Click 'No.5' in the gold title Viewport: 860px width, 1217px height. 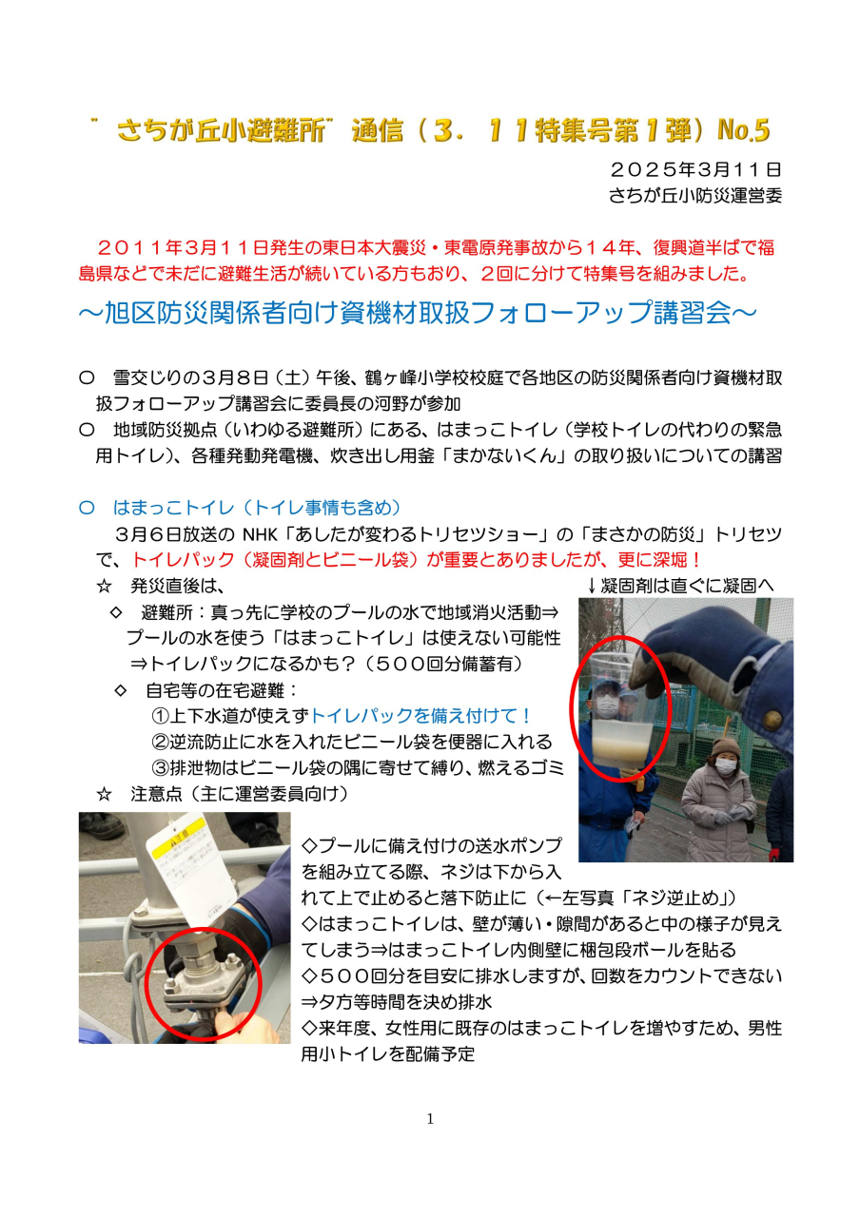[x=743, y=130]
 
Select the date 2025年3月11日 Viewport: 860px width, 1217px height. [x=695, y=170]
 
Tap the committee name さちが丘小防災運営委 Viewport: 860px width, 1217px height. [x=695, y=196]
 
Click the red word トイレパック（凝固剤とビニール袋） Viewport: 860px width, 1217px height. [x=277, y=560]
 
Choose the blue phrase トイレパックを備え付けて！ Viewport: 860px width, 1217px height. [x=420, y=716]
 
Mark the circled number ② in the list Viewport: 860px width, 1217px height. [x=161, y=743]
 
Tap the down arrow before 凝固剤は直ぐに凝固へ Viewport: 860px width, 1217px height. [x=592, y=586]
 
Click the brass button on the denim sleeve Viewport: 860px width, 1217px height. [x=771, y=721]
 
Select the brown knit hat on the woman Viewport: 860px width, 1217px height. [x=726, y=747]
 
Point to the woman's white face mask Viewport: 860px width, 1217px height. [x=726, y=766]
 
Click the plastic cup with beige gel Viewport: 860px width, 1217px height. [x=621, y=717]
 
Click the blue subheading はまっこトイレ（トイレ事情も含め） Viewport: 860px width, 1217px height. [x=257, y=508]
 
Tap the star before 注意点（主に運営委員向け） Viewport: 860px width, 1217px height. [x=104, y=794]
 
